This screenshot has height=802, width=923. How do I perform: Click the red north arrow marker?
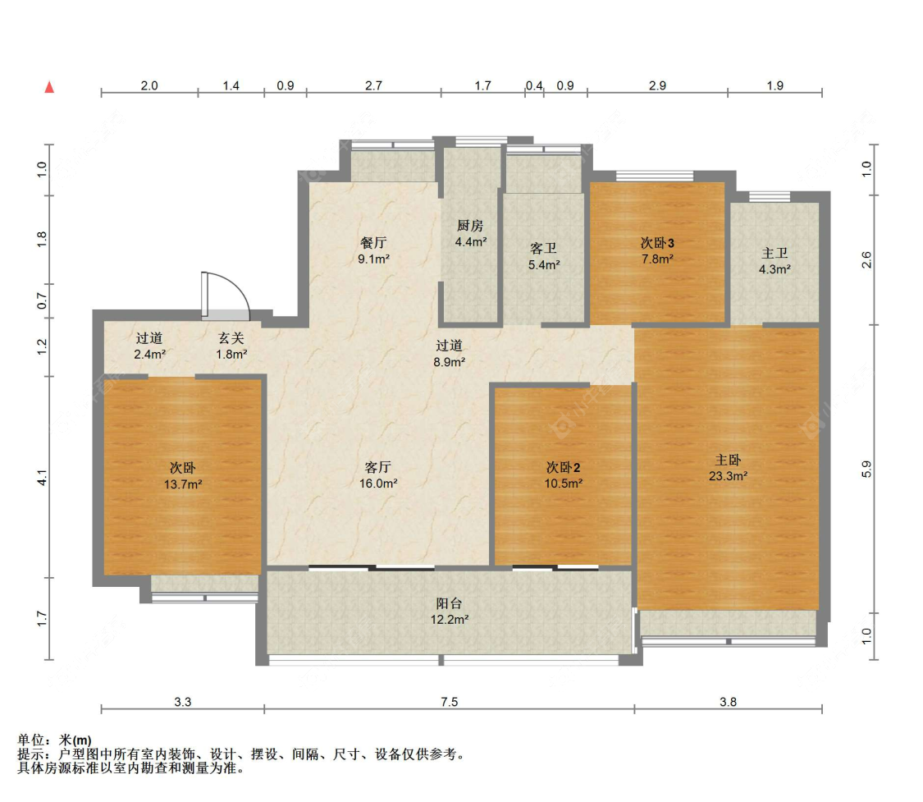click(x=49, y=87)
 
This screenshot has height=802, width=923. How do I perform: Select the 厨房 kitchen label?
click(x=470, y=226)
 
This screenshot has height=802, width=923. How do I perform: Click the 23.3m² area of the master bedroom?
click(x=729, y=476)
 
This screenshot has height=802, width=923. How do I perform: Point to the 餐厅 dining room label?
click(x=373, y=243)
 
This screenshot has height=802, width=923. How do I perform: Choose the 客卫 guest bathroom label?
click(x=543, y=249)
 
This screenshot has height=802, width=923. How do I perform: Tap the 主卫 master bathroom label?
click(x=774, y=253)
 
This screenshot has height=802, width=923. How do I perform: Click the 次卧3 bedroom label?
click(x=657, y=243)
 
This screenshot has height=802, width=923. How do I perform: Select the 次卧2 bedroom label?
click(x=564, y=468)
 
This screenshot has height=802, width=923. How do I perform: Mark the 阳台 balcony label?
click(x=449, y=603)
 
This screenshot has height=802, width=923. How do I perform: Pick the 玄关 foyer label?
click(x=231, y=338)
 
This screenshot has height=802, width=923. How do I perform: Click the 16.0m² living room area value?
click(x=378, y=483)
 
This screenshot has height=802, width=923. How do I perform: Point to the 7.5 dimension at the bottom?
click(x=449, y=702)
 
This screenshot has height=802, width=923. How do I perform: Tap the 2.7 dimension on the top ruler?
click(x=374, y=86)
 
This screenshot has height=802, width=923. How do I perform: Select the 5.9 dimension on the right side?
click(x=866, y=470)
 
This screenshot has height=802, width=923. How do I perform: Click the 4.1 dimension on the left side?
click(x=42, y=478)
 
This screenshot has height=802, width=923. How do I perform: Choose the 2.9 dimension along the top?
click(x=657, y=86)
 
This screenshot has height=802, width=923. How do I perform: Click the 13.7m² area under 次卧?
click(x=183, y=484)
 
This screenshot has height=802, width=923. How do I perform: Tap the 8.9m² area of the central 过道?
click(x=450, y=362)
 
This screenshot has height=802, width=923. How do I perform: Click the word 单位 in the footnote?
click(x=31, y=740)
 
